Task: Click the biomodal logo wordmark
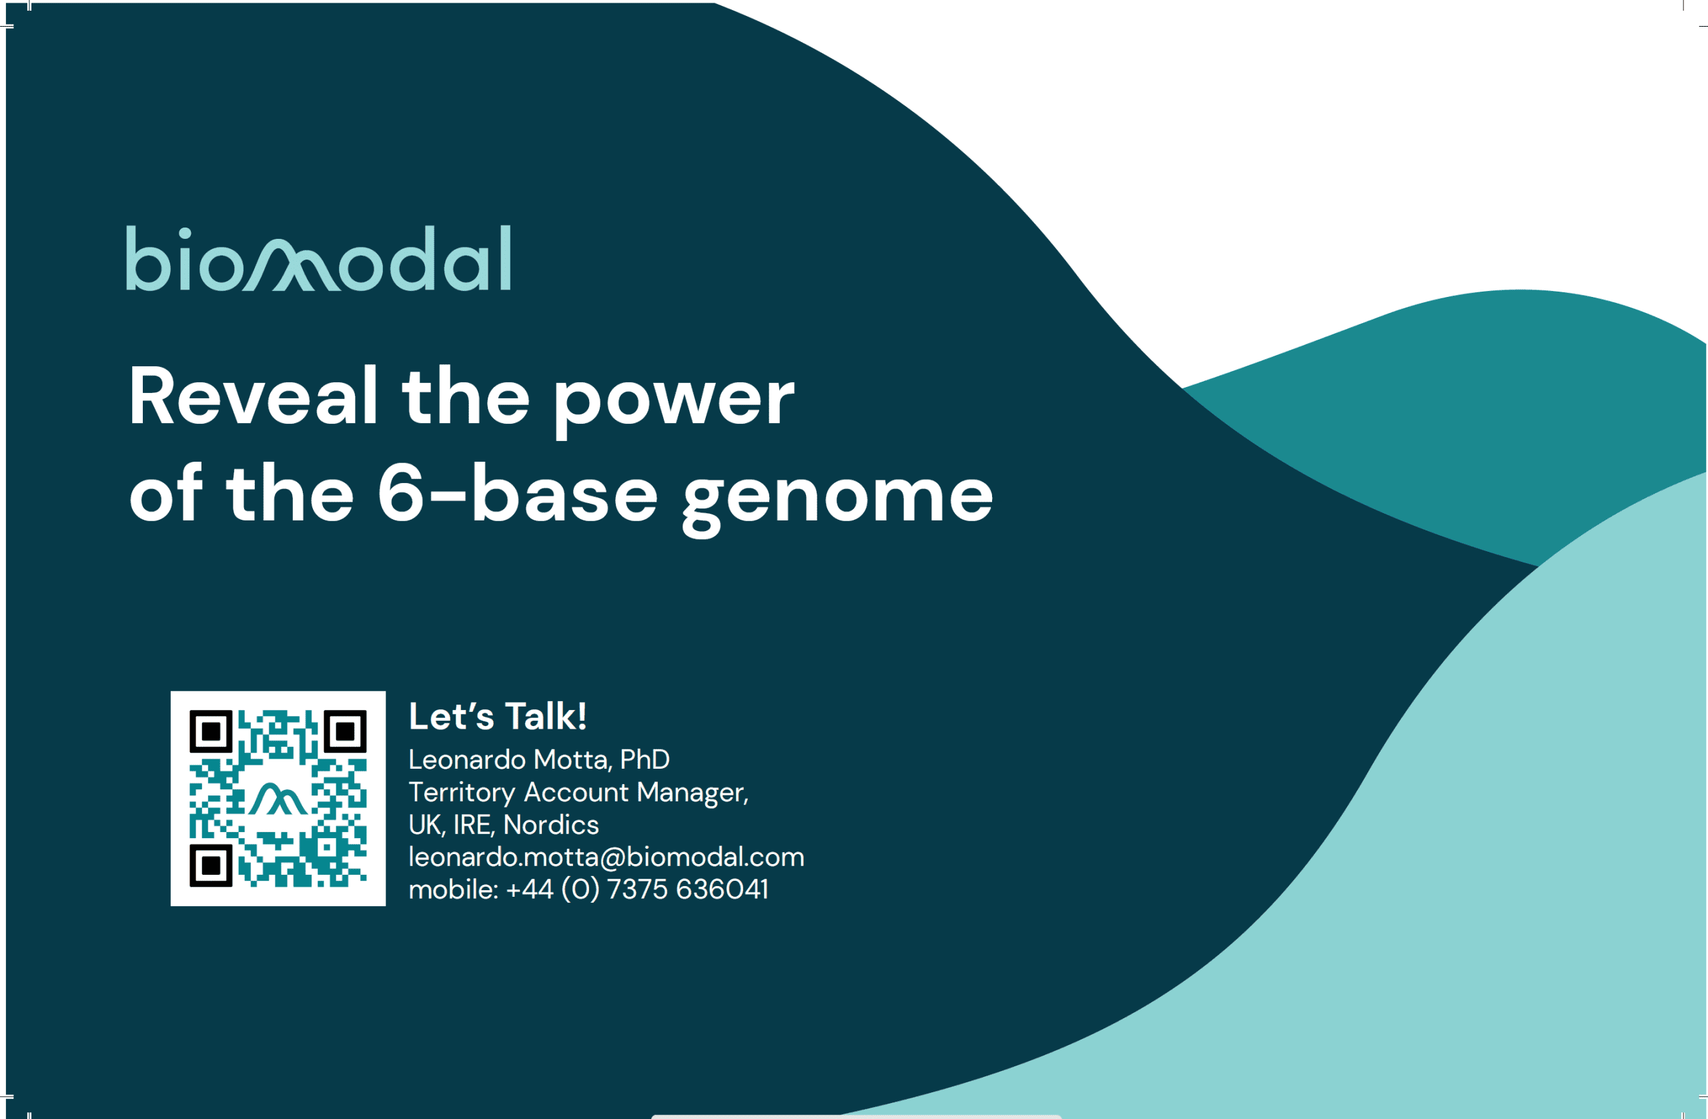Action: (319, 258)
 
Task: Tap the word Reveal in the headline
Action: (254, 396)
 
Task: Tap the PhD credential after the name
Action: (645, 759)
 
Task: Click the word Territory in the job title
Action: (462, 793)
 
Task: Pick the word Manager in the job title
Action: (693, 793)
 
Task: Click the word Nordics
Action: (551, 825)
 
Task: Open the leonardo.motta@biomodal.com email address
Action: (606, 857)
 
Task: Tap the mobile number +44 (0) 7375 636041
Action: (637, 889)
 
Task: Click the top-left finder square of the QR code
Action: (211, 731)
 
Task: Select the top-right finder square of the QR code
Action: (345, 731)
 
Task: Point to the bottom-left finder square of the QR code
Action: (211, 865)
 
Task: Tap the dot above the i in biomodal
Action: (184, 234)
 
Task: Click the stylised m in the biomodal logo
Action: (291, 265)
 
